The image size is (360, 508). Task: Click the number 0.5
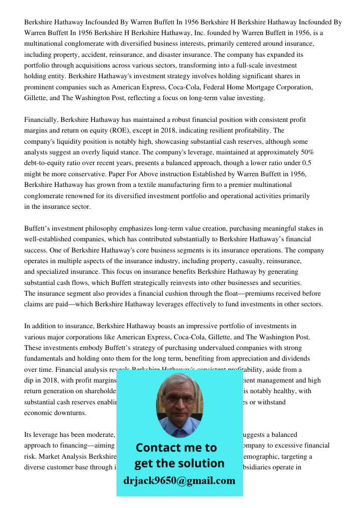pyautogui.click(x=307, y=163)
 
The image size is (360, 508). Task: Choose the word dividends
pyautogui.click(x=291, y=359)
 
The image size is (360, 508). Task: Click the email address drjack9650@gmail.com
pyautogui.click(x=179, y=481)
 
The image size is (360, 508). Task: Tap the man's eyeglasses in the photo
pyautogui.click(x=178, y=399)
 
